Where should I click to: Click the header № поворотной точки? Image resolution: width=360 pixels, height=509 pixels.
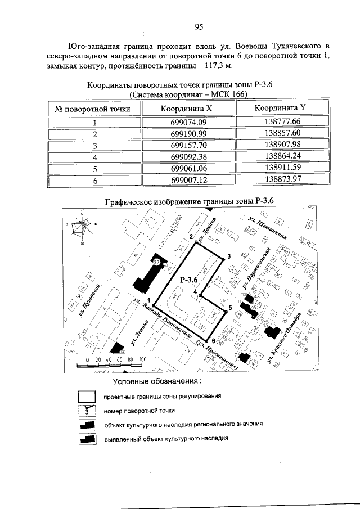(x=93, y=109)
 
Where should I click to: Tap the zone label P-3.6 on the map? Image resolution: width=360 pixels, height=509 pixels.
(x=190, y=280)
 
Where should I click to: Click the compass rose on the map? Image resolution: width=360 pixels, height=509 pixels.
(x=83, y=229)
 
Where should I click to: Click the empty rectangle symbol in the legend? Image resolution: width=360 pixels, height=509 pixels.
(x=87, y=398)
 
